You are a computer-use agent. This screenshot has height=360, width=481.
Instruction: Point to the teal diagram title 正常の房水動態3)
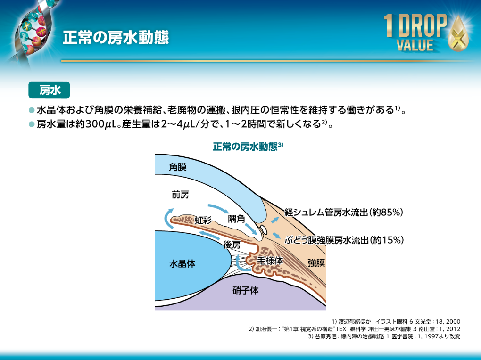(x=248, y=146)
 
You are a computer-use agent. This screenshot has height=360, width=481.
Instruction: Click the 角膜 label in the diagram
(x=178, y=168)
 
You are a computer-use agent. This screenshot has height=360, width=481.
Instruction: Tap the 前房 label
(x=180, y=194)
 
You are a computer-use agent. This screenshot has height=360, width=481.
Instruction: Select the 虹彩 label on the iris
(x=203, y=220)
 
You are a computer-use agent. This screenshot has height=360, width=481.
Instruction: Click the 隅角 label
(x=236, y=219)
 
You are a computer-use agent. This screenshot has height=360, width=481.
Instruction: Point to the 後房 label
(x=232, y=245)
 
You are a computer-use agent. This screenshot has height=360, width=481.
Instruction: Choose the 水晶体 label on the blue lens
(x=182, y=264)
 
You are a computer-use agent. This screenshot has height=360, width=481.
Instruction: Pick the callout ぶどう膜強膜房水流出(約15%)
(x=345, y=240)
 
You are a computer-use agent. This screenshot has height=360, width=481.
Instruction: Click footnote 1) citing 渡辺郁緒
(x=396, y=320)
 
